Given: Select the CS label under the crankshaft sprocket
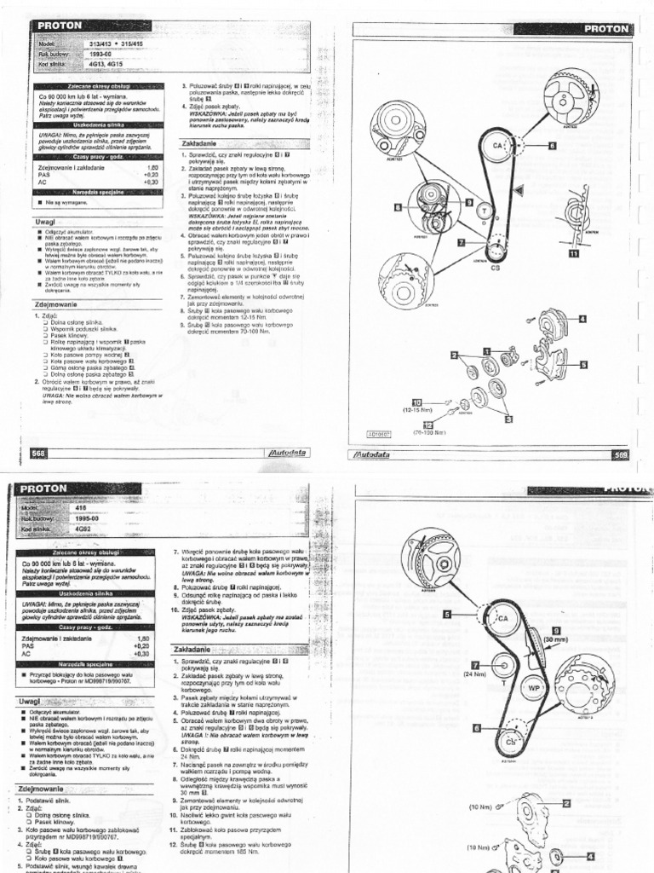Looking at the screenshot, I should [x=495, y=267].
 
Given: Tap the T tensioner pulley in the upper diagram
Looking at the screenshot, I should [x=484, y=210].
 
